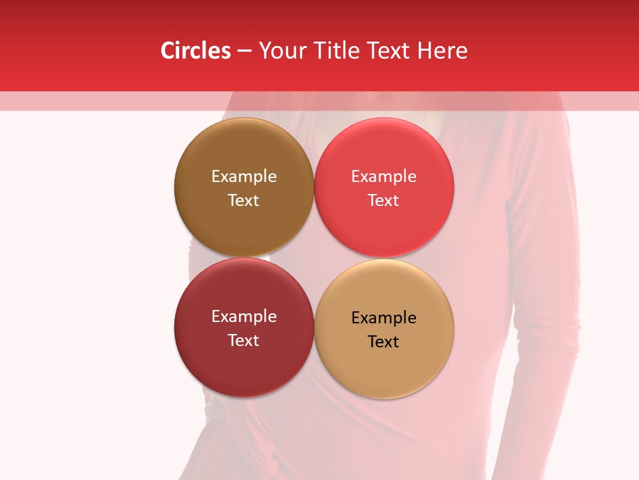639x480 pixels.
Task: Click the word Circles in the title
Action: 195,51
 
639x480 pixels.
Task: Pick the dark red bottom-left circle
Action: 244,367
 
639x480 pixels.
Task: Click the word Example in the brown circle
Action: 244,176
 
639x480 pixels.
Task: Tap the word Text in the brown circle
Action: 244,200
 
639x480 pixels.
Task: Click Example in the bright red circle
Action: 383,176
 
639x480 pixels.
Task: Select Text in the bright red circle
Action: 383,200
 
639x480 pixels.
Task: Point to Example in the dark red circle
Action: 244,316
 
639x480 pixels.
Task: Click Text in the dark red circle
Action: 244,340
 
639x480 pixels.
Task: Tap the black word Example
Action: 383,317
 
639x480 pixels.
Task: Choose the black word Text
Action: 383,341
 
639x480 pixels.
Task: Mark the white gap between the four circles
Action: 313,257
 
